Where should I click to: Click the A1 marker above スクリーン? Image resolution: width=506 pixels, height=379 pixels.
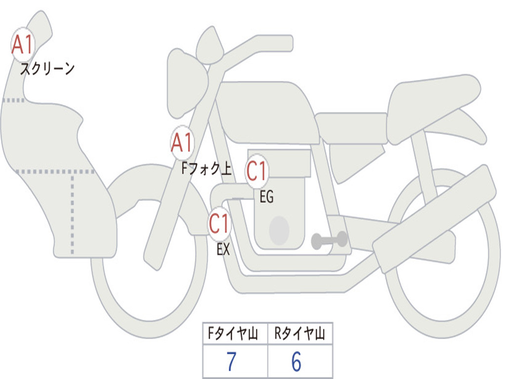[x=23, y=44]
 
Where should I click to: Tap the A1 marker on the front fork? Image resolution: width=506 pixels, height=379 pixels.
[x=182, y=143]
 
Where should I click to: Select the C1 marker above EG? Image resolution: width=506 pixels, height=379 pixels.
[x=257, y=171]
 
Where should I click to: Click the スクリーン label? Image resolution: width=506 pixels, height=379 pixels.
[x=47, y=69]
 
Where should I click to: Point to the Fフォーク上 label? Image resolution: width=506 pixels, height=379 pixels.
[x=207, y=168]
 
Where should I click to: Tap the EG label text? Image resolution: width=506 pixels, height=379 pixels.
[x=266, y=196]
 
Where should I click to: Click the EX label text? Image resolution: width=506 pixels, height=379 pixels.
[x=223, y=249]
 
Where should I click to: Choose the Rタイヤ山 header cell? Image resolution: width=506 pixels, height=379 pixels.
[x=300, y=333]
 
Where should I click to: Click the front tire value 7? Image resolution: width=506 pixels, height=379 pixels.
[x=231, y=362]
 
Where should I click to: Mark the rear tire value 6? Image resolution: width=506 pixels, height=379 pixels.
[x=296, y=362]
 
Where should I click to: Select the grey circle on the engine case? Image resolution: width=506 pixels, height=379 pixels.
[x=279, y=230]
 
